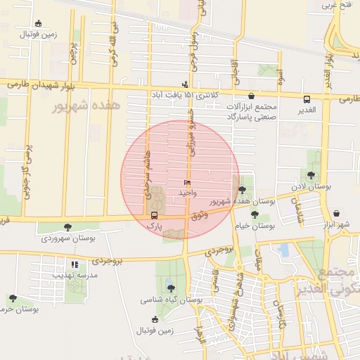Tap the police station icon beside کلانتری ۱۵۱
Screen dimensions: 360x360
click(186, 84)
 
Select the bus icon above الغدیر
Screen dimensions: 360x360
click(307, 99)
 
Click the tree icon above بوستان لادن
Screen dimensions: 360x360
click(311, 175)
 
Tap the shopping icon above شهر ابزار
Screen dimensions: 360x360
click(336, 213)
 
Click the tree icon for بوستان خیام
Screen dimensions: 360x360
click(255, 214)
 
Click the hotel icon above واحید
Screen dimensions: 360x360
click(186, 182)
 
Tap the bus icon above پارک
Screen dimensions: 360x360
click(155, 216)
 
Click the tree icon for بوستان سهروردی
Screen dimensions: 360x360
click(67, 226)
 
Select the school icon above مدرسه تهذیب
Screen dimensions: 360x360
click(75, 264)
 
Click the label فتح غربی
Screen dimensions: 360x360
click(336, 6)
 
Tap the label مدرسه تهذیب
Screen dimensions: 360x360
click(75, 275)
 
